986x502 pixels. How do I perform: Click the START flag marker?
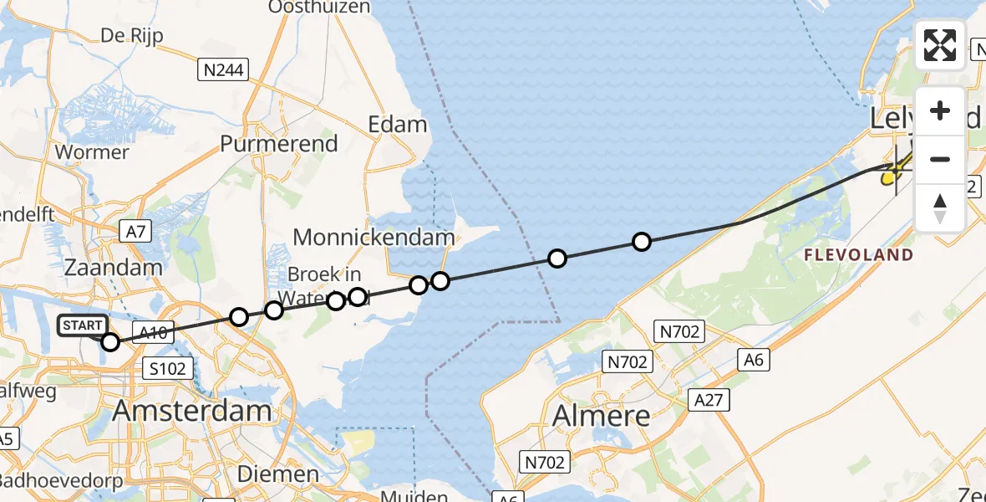point(83,325)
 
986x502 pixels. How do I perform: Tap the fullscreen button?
point(940,45)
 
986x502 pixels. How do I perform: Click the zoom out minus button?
point(940,159)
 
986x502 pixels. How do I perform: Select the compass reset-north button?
point(940,207)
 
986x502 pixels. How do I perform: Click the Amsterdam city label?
point(192,411)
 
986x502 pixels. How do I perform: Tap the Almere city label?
point(601,415)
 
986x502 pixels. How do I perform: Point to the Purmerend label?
point(279,144)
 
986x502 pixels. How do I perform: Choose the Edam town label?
point(398,125)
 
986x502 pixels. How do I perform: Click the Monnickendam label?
point(374,237)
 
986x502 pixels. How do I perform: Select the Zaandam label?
point(113,268)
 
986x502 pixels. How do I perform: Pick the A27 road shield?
point(710,401)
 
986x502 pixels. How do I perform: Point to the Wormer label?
point(92,152)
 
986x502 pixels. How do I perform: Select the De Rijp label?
point(131,35)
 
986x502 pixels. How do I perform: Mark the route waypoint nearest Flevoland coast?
point(641,242)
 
